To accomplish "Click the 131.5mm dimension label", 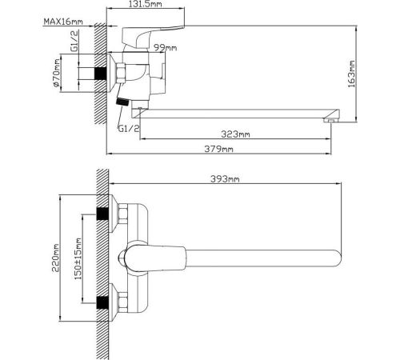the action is [146, 4].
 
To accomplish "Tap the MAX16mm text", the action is [63, 22].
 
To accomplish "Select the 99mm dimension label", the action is [166, 48].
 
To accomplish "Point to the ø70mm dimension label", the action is [56, 73].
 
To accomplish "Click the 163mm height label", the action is [351, 74].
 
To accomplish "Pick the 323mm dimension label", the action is [235, 134].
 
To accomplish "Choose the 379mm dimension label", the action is [218, 149].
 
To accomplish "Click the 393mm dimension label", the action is [225, 179].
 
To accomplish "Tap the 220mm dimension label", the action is [56, 258].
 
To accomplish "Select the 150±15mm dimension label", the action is [78, 258].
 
